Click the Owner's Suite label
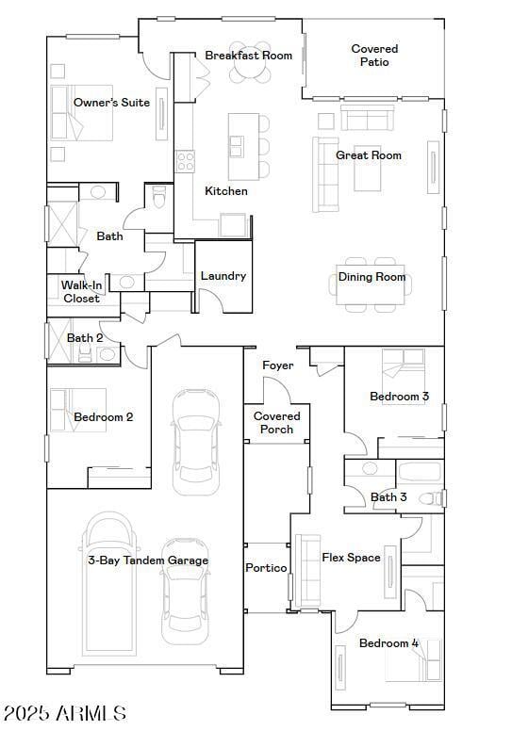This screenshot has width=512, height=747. click(111, 103)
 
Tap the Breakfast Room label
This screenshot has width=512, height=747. click(249, 56)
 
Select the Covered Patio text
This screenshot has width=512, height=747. click(374, 56)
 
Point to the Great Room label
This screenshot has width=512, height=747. click(369, 155)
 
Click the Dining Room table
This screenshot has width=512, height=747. click(372, 284)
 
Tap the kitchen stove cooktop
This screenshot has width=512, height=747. click(185, 161)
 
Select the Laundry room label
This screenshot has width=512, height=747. click(223, 276)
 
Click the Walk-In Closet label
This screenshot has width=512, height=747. click(81, 292)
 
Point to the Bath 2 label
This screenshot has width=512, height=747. click(85, 338)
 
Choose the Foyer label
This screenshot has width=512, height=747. click(277, 365)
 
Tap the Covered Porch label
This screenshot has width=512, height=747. click(277, 423)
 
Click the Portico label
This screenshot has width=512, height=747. click(266, 568)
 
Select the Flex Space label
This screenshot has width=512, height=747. click(351, 558)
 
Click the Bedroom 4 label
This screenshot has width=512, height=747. click(388, 643)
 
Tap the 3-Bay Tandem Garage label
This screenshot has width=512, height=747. click(148, 560)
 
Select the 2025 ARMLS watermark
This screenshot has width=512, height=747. click(65, 713)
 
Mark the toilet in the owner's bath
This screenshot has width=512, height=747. click(158, 199)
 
